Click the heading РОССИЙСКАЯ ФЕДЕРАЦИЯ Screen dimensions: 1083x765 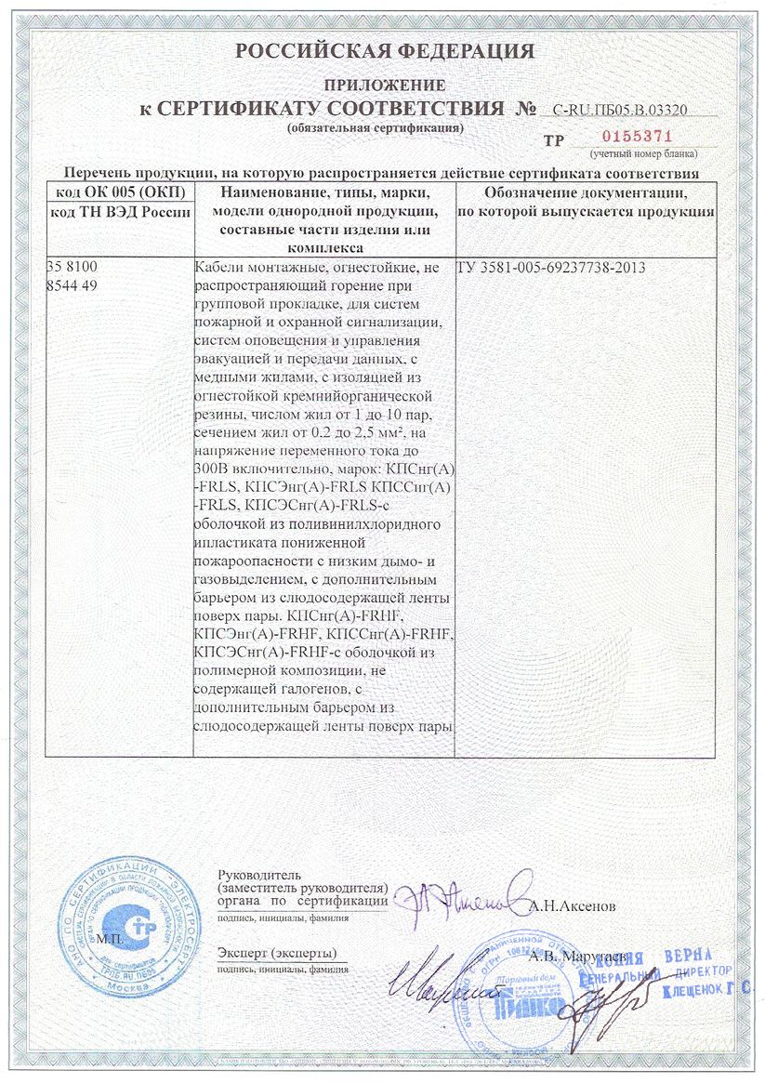385,51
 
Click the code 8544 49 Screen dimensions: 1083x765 71,285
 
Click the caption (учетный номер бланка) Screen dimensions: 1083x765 642,152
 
